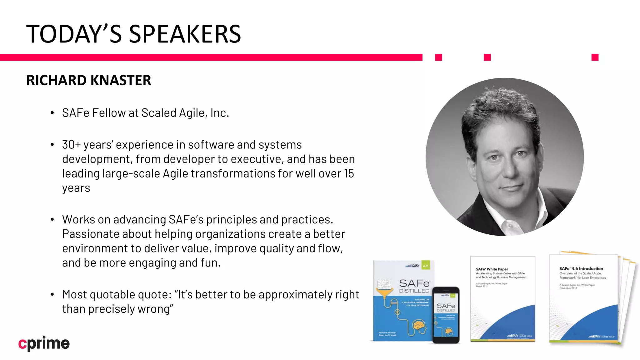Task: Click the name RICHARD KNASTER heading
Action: click(x=88, y=80)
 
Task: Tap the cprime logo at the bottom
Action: click(x=44, y=343)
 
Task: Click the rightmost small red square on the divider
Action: click(x=595, y=57)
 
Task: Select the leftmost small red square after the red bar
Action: click(x=438, y=57)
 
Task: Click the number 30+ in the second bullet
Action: click(x=71, y=145)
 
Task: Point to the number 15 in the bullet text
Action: click(x=349, y=173)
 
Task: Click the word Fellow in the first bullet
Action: click(x=108, y=113)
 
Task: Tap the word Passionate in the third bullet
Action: click(x=91, y=234)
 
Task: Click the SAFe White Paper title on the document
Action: click(x=492, y=269)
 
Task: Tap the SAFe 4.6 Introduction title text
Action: click(x=581, y=268)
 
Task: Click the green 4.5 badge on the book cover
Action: click(x=426, y=266)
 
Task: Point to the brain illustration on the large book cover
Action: click(x=419, y=326)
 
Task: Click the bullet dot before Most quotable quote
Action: click(x=52, y=294)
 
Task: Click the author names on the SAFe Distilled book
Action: click(x=387, y=334)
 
